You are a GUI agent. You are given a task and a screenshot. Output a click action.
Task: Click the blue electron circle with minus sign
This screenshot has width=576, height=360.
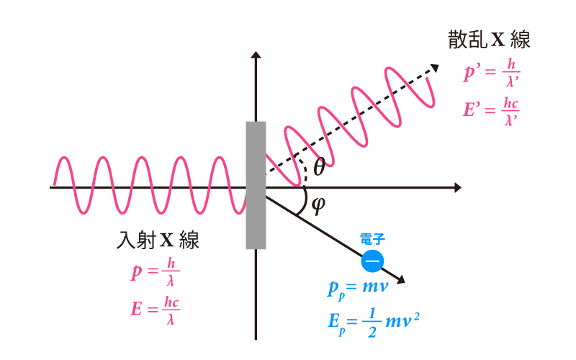click(x=372, y=261)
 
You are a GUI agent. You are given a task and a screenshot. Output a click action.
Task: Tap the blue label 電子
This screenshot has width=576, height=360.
click(x=372, y=239)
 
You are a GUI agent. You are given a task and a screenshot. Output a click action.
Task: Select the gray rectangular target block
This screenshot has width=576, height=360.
click(x=256, y=185)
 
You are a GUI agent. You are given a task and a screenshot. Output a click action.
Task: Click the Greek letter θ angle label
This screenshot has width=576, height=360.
click(x=319, y=167)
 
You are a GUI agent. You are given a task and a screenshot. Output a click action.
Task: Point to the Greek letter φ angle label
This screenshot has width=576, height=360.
click(x=318, y=205)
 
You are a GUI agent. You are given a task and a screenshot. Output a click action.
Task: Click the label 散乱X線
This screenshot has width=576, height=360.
click(x=489, y=40)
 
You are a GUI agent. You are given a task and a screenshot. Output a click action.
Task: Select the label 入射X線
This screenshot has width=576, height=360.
click(x=158, y=240)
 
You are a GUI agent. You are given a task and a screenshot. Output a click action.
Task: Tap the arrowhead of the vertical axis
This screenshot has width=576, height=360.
click(x=256, y=55)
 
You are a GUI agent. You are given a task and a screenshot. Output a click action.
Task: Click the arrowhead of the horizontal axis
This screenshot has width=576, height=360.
click(x=458, y=188)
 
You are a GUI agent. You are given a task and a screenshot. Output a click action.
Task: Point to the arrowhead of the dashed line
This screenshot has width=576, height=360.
click(x=435, y=68)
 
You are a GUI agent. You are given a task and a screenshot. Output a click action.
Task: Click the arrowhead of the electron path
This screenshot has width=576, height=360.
click(x=401, y=280)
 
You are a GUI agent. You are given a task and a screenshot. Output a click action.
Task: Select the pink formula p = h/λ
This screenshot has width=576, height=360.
click(x=156, y=272)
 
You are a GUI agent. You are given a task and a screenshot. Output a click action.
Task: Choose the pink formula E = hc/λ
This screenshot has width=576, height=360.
click(x=155, y=310)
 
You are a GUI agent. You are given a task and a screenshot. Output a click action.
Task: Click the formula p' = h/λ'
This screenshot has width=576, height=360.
click(x=492, y=73)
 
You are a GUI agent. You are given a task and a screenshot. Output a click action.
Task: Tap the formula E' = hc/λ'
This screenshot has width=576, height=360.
click(x=491, y=112)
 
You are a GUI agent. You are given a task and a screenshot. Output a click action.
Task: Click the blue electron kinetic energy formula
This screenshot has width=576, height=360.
click(x=374, y=322)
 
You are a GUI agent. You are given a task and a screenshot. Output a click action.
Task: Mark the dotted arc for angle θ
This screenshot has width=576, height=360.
click(x=303, y=170)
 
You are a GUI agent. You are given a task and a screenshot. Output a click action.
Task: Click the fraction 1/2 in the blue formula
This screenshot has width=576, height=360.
click(x=372, y=323)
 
